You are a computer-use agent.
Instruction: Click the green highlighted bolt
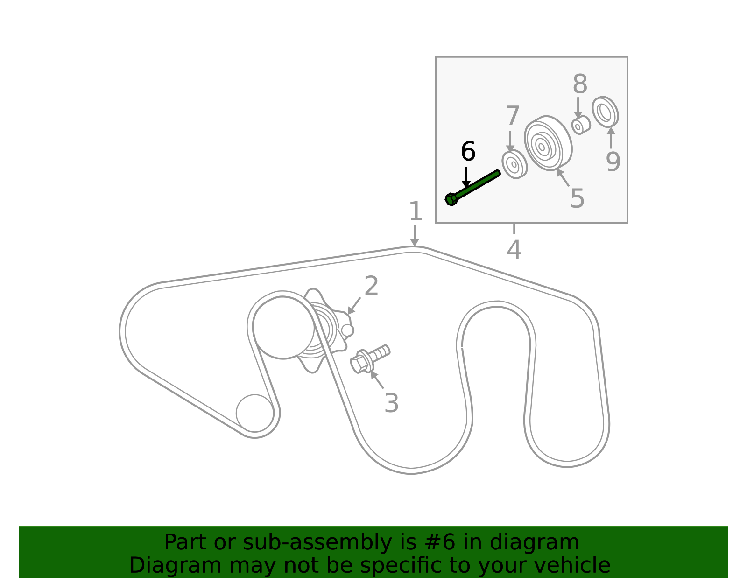472,188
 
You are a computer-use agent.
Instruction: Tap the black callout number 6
468,151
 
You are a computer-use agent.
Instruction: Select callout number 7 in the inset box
512,116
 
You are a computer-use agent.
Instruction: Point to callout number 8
580,84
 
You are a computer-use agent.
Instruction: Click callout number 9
613,162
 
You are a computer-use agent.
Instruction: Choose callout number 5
577,198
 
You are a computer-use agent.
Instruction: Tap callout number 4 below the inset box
514,250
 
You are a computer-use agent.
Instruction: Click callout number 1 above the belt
416,211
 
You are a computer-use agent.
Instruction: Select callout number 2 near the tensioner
371,286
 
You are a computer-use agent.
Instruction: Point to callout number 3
392,403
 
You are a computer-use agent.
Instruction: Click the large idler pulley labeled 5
548,143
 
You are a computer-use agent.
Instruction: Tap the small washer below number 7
514,164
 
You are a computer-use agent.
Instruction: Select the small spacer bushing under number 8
581,126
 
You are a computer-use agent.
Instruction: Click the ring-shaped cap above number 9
605,112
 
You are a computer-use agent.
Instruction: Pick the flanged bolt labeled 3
370,360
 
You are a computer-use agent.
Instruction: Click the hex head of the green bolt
451,199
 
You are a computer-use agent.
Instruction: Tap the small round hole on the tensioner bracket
347,330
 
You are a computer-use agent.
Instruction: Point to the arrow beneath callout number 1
415,236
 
